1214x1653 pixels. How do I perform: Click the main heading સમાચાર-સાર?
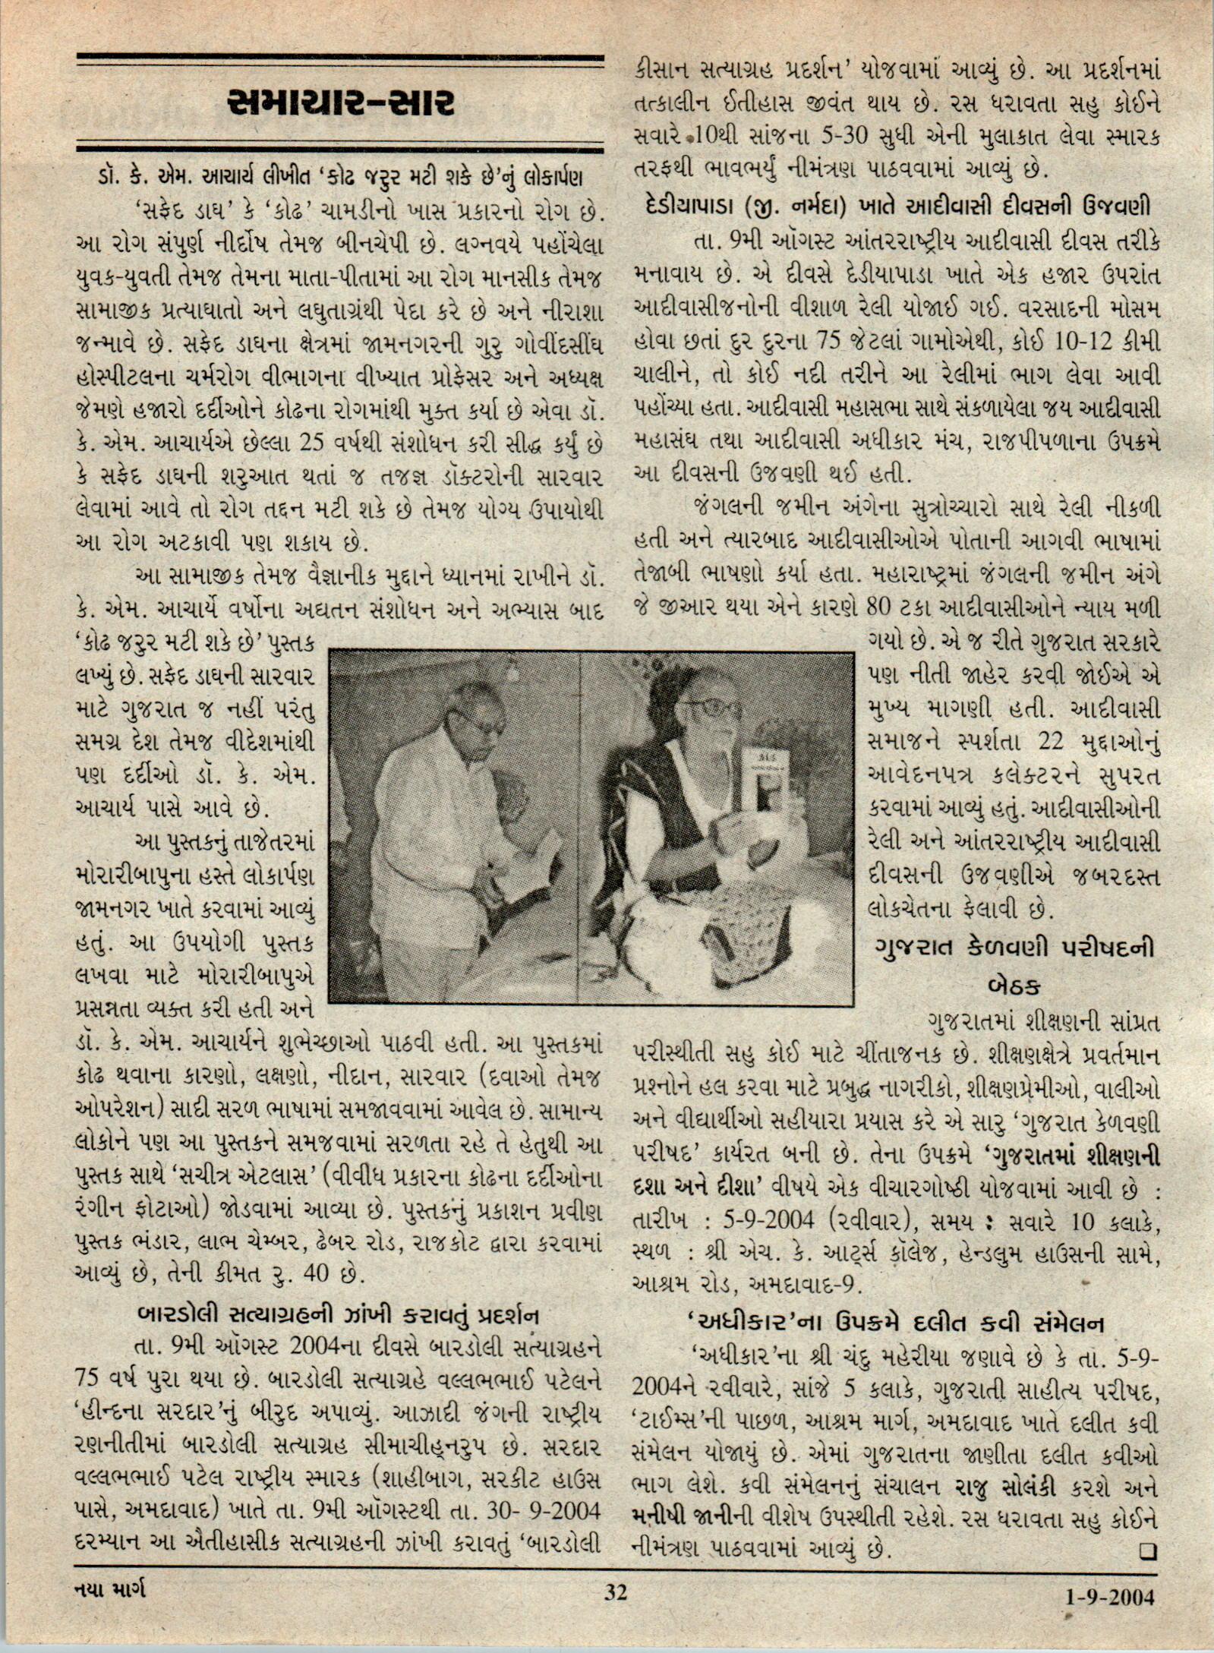(x=340, y=103)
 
